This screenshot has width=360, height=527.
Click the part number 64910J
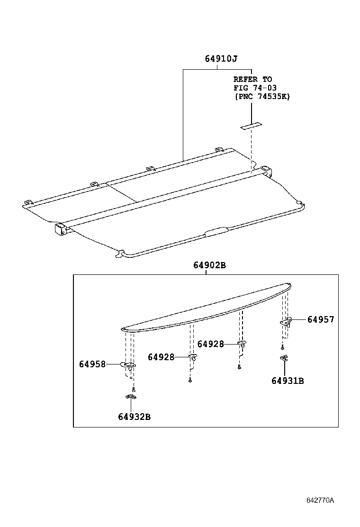(x=221, y=59)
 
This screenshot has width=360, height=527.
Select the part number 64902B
(x=209, y=265)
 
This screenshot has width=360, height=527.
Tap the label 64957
(x=321, y=320)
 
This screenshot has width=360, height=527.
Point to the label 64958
(x=92, y=364)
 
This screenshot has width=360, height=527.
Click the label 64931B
(x=288, y=381)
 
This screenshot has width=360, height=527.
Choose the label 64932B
(x=135, y=417)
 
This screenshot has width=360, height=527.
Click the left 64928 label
(x=161, y=357)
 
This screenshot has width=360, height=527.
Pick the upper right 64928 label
(x=210, y=344)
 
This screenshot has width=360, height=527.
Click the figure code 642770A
(x=320, y=500)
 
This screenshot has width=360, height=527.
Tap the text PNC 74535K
(x=262, y=96)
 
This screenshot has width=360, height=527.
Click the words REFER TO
(x=253, y=79)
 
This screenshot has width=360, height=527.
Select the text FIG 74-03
(x=255, y=88)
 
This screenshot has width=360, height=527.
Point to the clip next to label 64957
(x=287, y=322)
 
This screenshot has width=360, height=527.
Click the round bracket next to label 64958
(x=128, y=365)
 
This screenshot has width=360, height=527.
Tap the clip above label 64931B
(x=284, y=358)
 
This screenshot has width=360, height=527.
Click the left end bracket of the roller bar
(x=60, y=229)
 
